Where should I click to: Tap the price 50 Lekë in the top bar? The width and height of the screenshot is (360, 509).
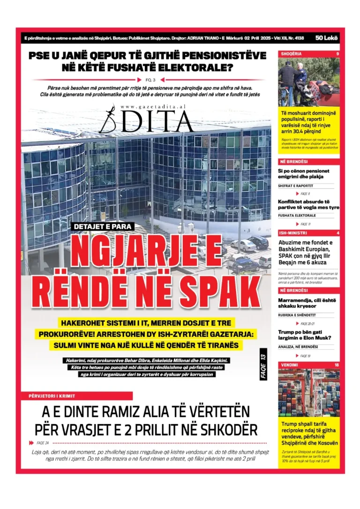(x=326, y=37)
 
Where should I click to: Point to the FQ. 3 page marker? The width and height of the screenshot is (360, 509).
(x=150, y=80)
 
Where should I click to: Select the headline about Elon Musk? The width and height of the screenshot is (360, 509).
(x=305, y=335)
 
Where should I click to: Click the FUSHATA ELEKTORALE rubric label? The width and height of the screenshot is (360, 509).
(x=297, y=216)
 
